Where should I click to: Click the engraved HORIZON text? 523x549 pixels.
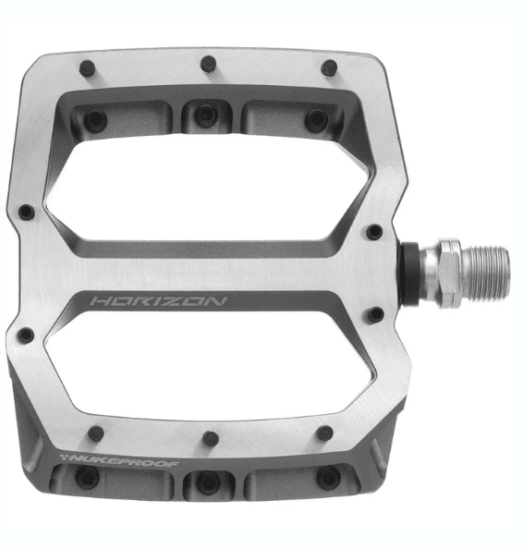pyautogui.click(x=159, y=301)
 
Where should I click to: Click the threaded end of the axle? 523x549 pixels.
pyautogui.click(x=488, y=273)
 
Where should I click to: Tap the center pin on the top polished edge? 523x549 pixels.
pyautogui.click(x=208, y=64)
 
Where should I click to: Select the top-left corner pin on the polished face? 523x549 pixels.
pyautogui.click(x=88, y=68)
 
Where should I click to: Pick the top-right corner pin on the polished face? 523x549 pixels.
pyautogui.click(x=329, y=67)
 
